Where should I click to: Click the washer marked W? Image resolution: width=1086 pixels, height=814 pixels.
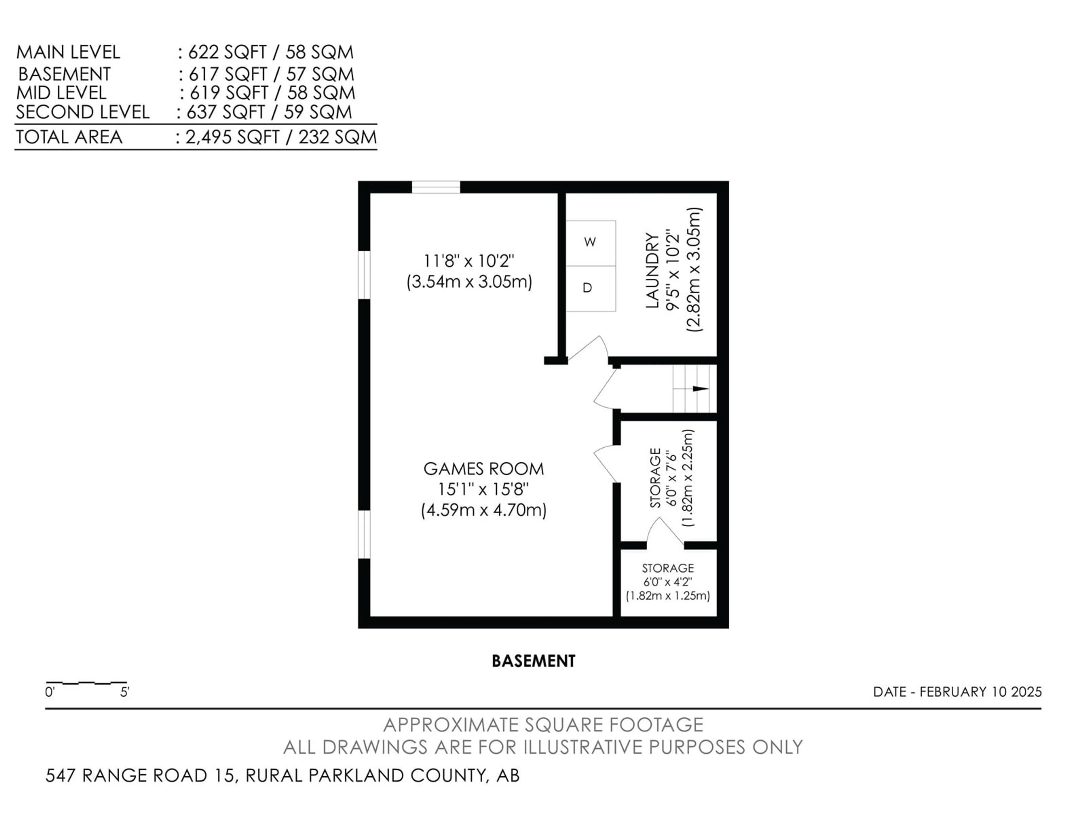pos(591,243)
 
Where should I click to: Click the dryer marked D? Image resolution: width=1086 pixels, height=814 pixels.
pos(591,289)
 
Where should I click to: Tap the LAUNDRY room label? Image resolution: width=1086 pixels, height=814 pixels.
pos(652,270)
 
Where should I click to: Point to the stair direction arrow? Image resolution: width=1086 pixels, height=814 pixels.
pos(701,389)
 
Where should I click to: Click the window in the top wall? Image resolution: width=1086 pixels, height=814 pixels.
pos(436,187)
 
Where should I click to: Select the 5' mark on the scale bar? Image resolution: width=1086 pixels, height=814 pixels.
pos(125,692)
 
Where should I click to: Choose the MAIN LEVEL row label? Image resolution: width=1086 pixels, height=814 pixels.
pos(68,52)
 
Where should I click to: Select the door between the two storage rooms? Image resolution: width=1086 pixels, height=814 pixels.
pos(665,532)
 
